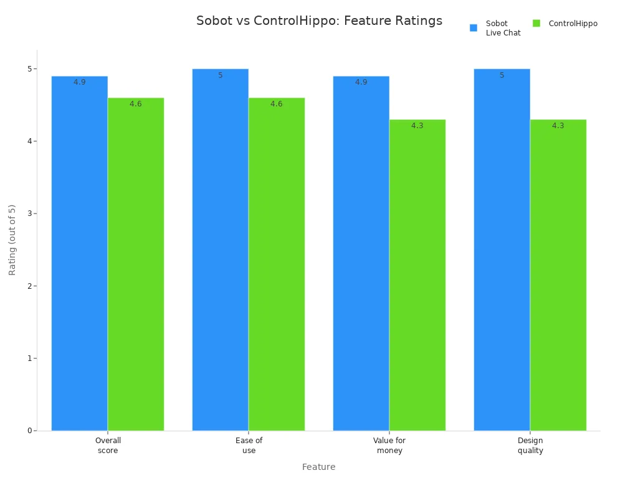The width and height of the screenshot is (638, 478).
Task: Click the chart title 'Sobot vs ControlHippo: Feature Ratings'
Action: point(319,21)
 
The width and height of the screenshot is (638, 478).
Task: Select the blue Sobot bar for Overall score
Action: point(80,255)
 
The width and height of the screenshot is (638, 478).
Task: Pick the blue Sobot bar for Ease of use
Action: point(220,249)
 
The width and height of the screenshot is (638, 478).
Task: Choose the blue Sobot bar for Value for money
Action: point(361,255)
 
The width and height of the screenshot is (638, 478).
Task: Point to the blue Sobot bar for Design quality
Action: point(502,249)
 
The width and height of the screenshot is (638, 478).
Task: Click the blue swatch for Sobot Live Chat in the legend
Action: point(474,27)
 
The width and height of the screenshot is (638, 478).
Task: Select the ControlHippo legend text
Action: point(573,24)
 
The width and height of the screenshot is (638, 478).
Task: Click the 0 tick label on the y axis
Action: point(30,431)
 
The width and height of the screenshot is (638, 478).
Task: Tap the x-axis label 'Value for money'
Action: point(389,445)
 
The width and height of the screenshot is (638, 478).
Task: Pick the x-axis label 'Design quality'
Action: point(530,445)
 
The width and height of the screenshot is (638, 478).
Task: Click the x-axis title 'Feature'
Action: point(318,467)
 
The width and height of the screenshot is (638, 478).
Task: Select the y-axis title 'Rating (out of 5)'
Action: point(12,240)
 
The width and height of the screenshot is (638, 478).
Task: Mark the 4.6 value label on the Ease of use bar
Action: point(276,104)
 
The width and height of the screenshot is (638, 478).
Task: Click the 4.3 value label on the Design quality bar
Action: point(558,126)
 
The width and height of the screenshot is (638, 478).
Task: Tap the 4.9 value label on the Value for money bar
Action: point(361,82)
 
